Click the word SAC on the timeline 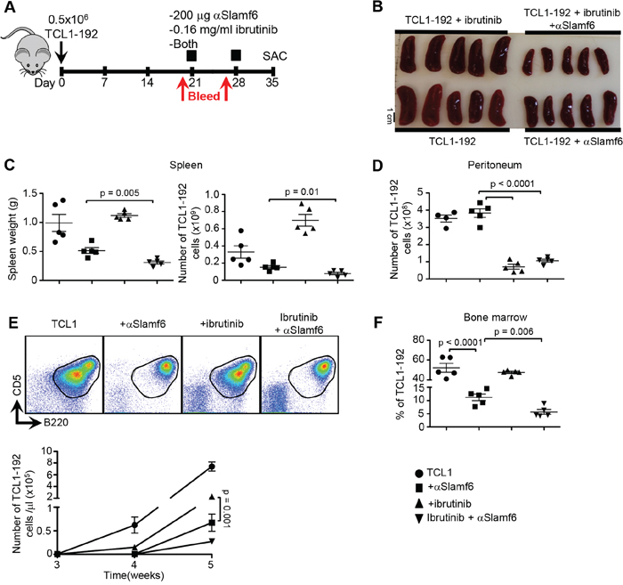tap(274, 56)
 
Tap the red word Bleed tap(204, 96)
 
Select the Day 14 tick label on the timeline tap(147, 83)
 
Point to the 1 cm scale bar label tap(390, 115)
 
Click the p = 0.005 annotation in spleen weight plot tap(119, 193)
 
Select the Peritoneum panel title tap(495, 165)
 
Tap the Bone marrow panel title tap(496, 317)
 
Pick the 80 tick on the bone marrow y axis tap(418, 340)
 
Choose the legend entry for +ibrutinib tap(443, 504)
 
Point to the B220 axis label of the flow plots tap(55, 422)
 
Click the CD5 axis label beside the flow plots tap(17, 384)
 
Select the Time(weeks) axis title tap(133, 574)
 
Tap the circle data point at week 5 tap(212, 467)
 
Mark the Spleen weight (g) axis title tap(12, 237)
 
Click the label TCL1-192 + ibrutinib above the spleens tap(453, 20)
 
